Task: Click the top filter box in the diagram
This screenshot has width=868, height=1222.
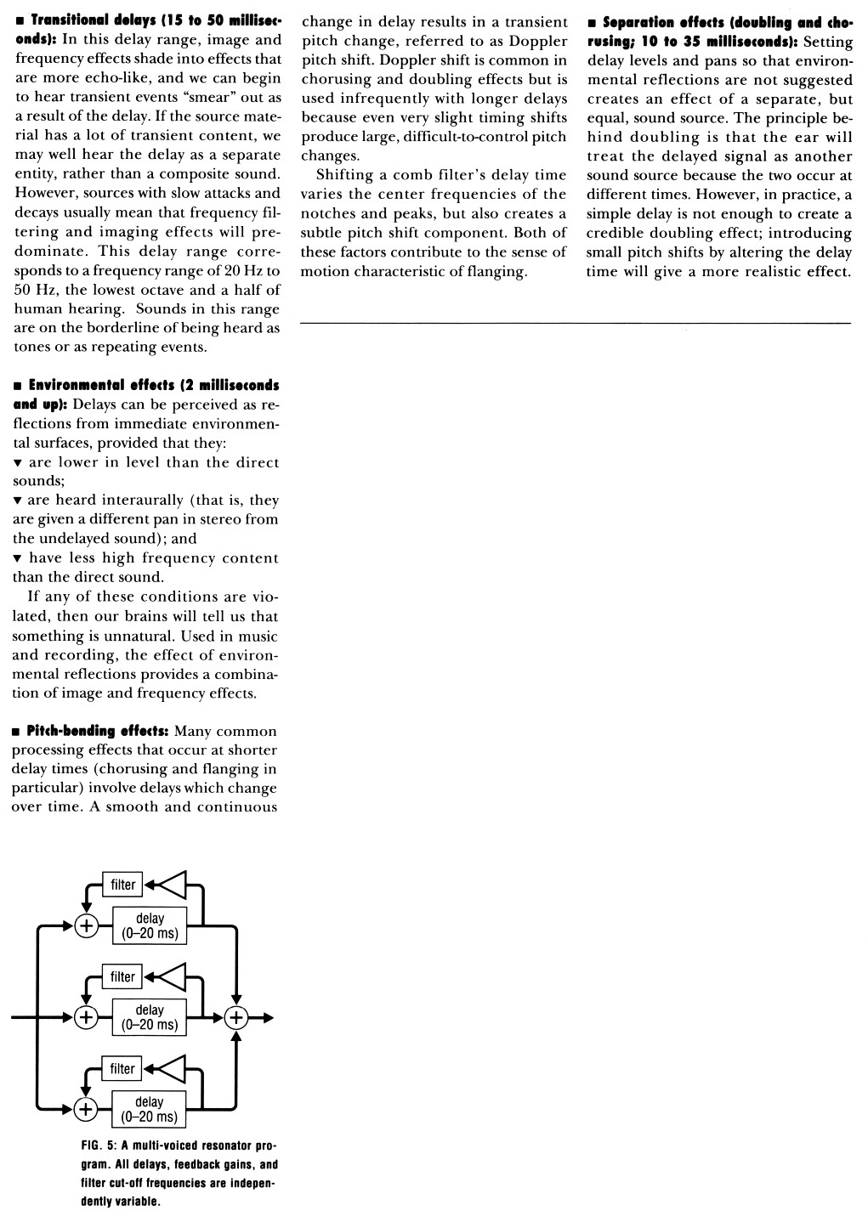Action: (122, 885)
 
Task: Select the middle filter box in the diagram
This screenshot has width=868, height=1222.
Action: (122, 976)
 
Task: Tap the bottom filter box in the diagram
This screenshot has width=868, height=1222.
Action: (122, 1068)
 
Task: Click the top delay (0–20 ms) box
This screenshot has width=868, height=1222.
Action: (150, 925)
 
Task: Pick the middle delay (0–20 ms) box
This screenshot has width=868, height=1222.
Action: (150, 1017)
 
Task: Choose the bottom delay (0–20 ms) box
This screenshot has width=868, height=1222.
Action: (150, 1109)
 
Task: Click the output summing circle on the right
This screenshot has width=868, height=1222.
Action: (235, 1017)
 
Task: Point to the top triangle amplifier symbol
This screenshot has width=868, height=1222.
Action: (173, 885)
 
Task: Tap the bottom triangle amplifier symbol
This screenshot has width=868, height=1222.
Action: (173, 1068)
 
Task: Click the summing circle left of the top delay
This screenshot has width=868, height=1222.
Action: (86, 925)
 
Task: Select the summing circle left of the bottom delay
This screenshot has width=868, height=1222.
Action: (86, 1109)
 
